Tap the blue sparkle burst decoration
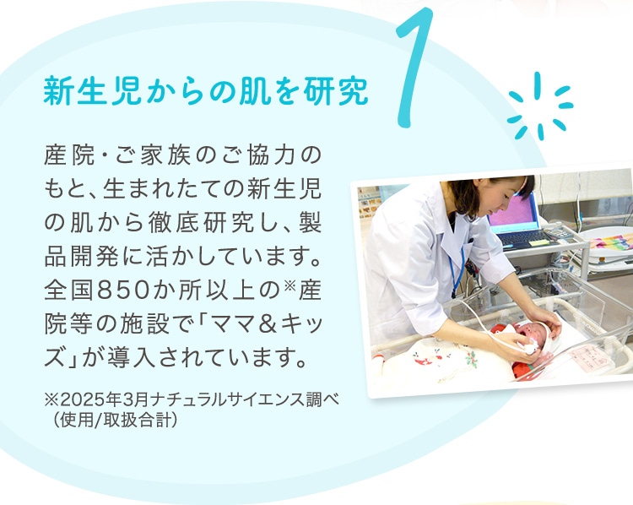540,106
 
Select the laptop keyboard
522,238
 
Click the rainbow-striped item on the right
609,242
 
